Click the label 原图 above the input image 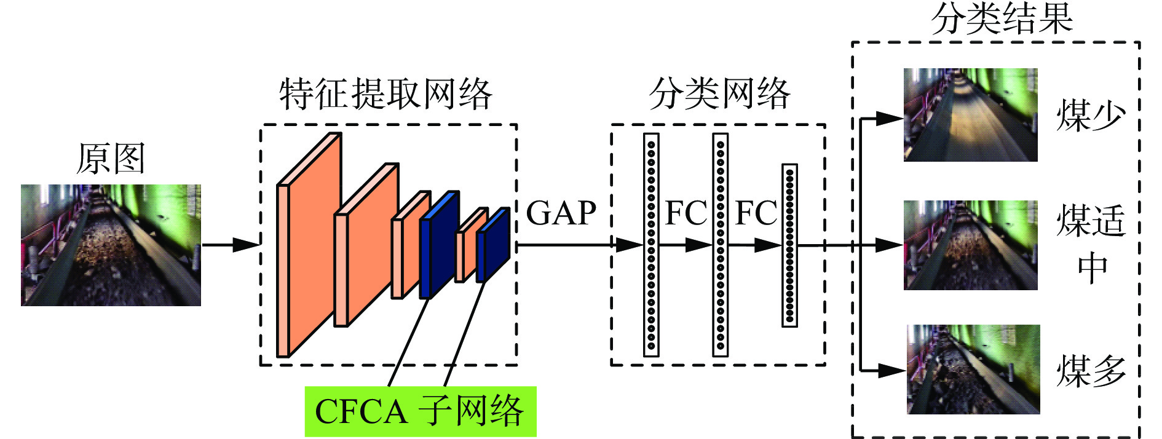(111, 159)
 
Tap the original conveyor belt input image (111, 245)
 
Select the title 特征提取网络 (385, 95)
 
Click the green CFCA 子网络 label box (420, 411)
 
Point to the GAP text (561, 213)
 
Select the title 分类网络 (719, 94)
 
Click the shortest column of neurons (789, 245)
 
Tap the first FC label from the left (686, 213)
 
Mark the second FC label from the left (756, 213)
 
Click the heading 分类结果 (1002, 18)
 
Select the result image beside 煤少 (970, 115)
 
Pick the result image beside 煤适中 (970, 245)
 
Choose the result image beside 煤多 (973, 369)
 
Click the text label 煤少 (1091, 115)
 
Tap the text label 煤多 (1091, 371)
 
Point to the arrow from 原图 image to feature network (231, 245)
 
